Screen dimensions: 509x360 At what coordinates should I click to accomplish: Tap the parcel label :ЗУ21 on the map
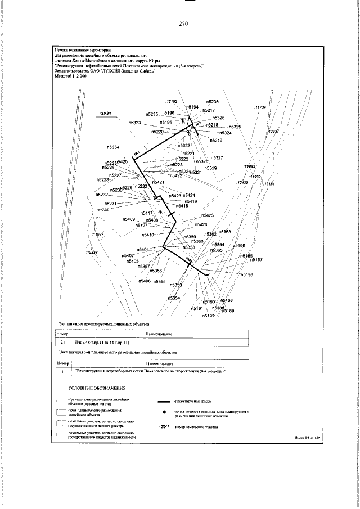click(x=105, y=114)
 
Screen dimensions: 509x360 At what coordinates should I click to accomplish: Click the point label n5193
click(x=247, y=274)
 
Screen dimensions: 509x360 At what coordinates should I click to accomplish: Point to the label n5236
click(x=212, y=102)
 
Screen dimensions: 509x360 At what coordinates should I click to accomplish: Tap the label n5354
click(x=174, y=298)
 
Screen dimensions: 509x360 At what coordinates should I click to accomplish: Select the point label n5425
click(x=208, y=215)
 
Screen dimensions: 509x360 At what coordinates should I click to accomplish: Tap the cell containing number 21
click(x=63, y=342)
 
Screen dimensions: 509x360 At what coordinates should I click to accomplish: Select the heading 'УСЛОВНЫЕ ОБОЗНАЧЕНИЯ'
click(x=97, y=388)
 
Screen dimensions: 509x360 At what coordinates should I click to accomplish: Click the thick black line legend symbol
click(x=164, y=402)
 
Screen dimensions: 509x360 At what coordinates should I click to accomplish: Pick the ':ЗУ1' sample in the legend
click(x=164, y=427)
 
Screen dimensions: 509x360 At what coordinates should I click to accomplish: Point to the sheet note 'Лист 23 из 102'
click(x=307, y=437)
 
